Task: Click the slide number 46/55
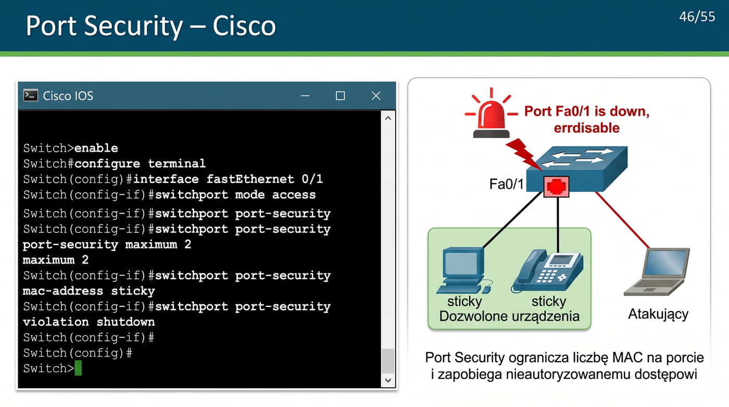point(697,17)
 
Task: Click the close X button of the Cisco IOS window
point(376,96)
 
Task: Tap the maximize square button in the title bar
point(341,96)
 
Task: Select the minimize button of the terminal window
point(305,96)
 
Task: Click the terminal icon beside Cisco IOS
point(31,95)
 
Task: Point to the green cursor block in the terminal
point(78,368)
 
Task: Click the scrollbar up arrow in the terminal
point(388,118)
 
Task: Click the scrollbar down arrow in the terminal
point(388,380)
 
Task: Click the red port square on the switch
point(556,187)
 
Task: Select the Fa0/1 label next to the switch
point(506,184)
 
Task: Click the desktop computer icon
point(464,270)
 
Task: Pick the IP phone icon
point(548,271)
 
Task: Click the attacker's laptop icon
point(657,272)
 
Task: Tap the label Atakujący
point(658,314)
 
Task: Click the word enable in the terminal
point(96,148)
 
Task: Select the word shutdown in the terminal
point(125,322)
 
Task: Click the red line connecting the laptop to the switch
point(622,220)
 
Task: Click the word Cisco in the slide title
point(244,26)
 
